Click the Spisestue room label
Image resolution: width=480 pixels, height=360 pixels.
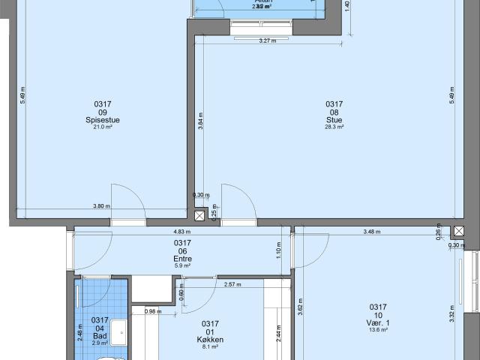click(103, 119)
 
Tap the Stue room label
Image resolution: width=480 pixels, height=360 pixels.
click(334, 119)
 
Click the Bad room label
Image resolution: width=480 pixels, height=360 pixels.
click(100, 334)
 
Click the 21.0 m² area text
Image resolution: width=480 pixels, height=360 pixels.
click(103, 127)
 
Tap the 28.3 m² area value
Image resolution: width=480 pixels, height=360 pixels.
click(334, 127)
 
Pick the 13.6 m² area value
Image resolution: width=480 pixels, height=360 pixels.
click(377, 330)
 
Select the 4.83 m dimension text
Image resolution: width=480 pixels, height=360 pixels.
click(181, 232)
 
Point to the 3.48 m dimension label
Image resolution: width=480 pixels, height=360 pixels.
click(370, 232)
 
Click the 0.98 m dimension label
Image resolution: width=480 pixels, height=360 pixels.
click(152, 311)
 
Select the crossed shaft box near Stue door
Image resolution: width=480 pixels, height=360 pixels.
click(199, 216)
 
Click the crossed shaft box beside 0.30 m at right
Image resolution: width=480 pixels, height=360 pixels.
click(457, 231)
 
